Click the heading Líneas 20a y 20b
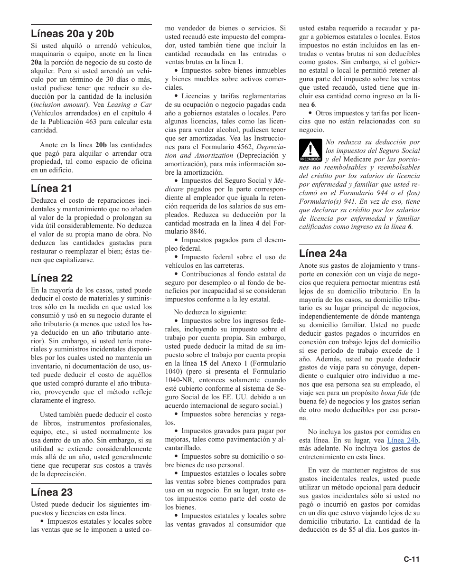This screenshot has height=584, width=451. coord(73,34)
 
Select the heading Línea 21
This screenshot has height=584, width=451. coord(51,188)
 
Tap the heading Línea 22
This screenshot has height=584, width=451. coord(51,278)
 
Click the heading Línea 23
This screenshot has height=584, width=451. coord(51,491)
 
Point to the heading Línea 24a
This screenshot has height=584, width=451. coord(323,254)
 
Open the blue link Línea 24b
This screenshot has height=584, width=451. coord(403,440)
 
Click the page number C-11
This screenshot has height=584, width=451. coord(412,559)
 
